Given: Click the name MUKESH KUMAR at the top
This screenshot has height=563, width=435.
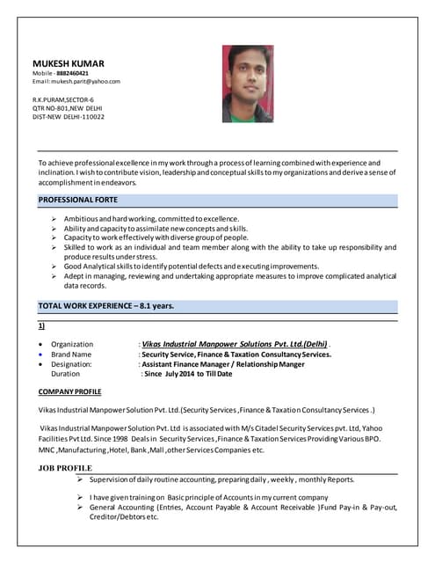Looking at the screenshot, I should click(68, 63).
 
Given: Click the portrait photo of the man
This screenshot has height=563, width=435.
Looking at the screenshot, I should click(249, 72).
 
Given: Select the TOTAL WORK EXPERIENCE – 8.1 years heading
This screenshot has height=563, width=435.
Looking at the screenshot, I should click(105, 306).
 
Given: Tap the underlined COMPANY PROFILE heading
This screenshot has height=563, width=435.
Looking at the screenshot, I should click(70, 391).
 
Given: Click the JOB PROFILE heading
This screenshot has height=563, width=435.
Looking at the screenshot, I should click(65, 467).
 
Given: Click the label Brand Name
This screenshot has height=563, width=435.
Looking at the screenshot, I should click(71, 354).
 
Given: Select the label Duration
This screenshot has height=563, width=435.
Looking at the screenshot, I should click(66, 373).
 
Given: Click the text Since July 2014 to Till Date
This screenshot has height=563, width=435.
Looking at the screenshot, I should click(187, 373).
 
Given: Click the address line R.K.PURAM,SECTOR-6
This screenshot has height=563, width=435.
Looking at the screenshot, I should click(63, 99).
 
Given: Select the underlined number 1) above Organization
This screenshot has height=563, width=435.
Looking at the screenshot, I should click(42, 325).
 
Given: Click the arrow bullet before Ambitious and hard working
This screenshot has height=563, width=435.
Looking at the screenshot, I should click(54, 218).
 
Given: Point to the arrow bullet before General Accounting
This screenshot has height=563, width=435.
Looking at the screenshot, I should click(80, 508).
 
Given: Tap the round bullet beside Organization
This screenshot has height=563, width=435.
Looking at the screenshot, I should click(40, 344).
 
